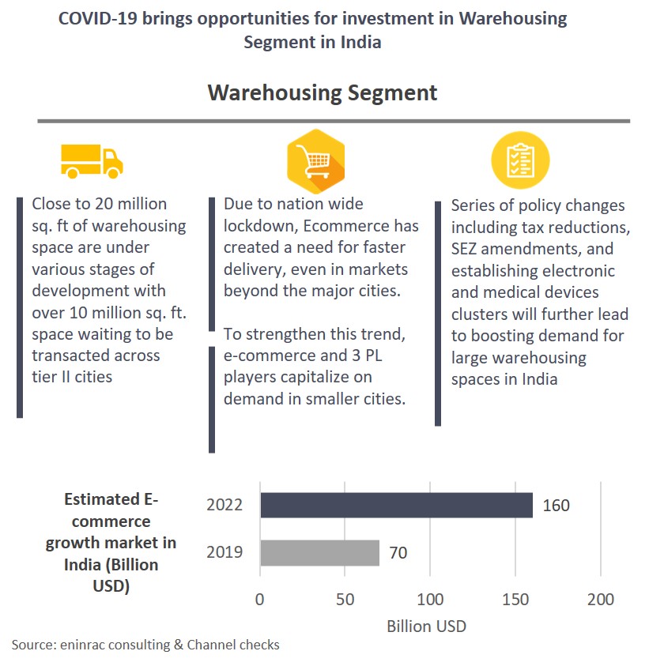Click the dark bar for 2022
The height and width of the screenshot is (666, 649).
396,505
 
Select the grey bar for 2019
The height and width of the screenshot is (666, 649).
319,552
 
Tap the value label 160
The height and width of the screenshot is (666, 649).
556,506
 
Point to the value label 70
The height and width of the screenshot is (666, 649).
398,553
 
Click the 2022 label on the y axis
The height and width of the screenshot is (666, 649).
224,506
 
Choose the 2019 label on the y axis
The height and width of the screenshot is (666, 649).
224,553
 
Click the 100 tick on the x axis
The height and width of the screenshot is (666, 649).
431,600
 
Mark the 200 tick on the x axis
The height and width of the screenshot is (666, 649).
601,600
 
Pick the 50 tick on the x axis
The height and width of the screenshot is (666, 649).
345,600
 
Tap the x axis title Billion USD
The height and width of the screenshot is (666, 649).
426,626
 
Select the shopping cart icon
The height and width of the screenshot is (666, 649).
315,161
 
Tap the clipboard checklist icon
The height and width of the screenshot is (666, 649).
520,161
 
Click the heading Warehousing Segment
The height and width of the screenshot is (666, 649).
323,92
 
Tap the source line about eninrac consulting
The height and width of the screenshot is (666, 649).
146,645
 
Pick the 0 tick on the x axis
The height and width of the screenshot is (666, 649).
259,600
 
